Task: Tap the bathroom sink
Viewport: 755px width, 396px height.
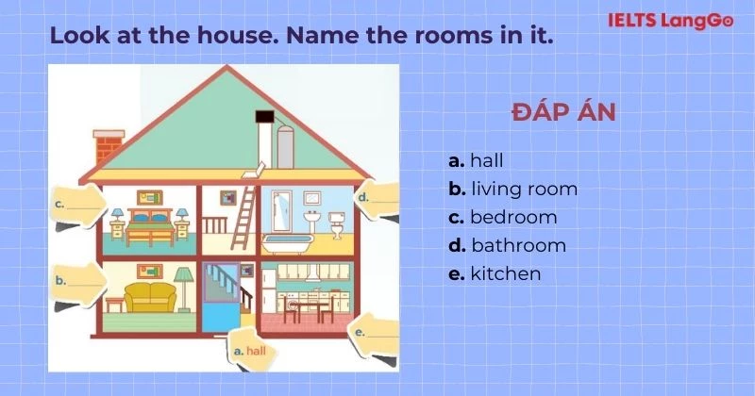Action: click(309, 220)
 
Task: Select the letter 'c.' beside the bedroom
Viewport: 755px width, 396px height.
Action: click(59, 202)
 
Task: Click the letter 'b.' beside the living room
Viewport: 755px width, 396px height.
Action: click(60, 280)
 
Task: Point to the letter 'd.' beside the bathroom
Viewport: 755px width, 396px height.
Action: click(362, 197)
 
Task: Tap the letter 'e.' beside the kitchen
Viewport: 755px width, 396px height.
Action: click(359, 332)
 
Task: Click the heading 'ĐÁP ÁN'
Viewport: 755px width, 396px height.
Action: click(563, 113)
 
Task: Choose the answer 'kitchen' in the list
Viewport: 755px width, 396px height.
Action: click(505, 273)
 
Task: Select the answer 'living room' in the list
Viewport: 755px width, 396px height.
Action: click(524, 189)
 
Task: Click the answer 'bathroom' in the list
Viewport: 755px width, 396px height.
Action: click(518, 245)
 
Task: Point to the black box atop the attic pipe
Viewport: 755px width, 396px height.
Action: click(264, 118)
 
